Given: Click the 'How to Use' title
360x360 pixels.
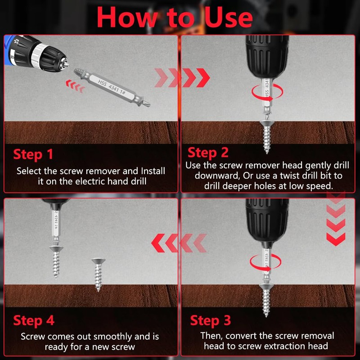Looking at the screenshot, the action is click(x=175, y=17).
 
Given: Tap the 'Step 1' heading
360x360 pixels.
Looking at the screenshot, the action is click(x=33, y=154).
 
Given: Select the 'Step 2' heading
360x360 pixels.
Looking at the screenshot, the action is click(x=208, y=153).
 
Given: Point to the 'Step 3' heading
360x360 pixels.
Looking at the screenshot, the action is click(x=210, y=320).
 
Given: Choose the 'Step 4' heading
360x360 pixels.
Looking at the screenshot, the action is click(x=34, y=320).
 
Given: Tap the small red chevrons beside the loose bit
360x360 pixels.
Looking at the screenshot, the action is click(x=75, y=86).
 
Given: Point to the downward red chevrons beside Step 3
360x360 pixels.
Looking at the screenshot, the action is click(x=336, y=219).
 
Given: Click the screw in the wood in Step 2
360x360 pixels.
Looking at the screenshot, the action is click(x=266, y=137).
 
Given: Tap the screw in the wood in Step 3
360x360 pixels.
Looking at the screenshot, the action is click(x=266, y=300).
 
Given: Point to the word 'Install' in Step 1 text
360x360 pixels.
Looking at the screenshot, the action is click(x=153, y=171).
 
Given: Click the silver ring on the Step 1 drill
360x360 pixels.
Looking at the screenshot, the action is click(x=38, y=56).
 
